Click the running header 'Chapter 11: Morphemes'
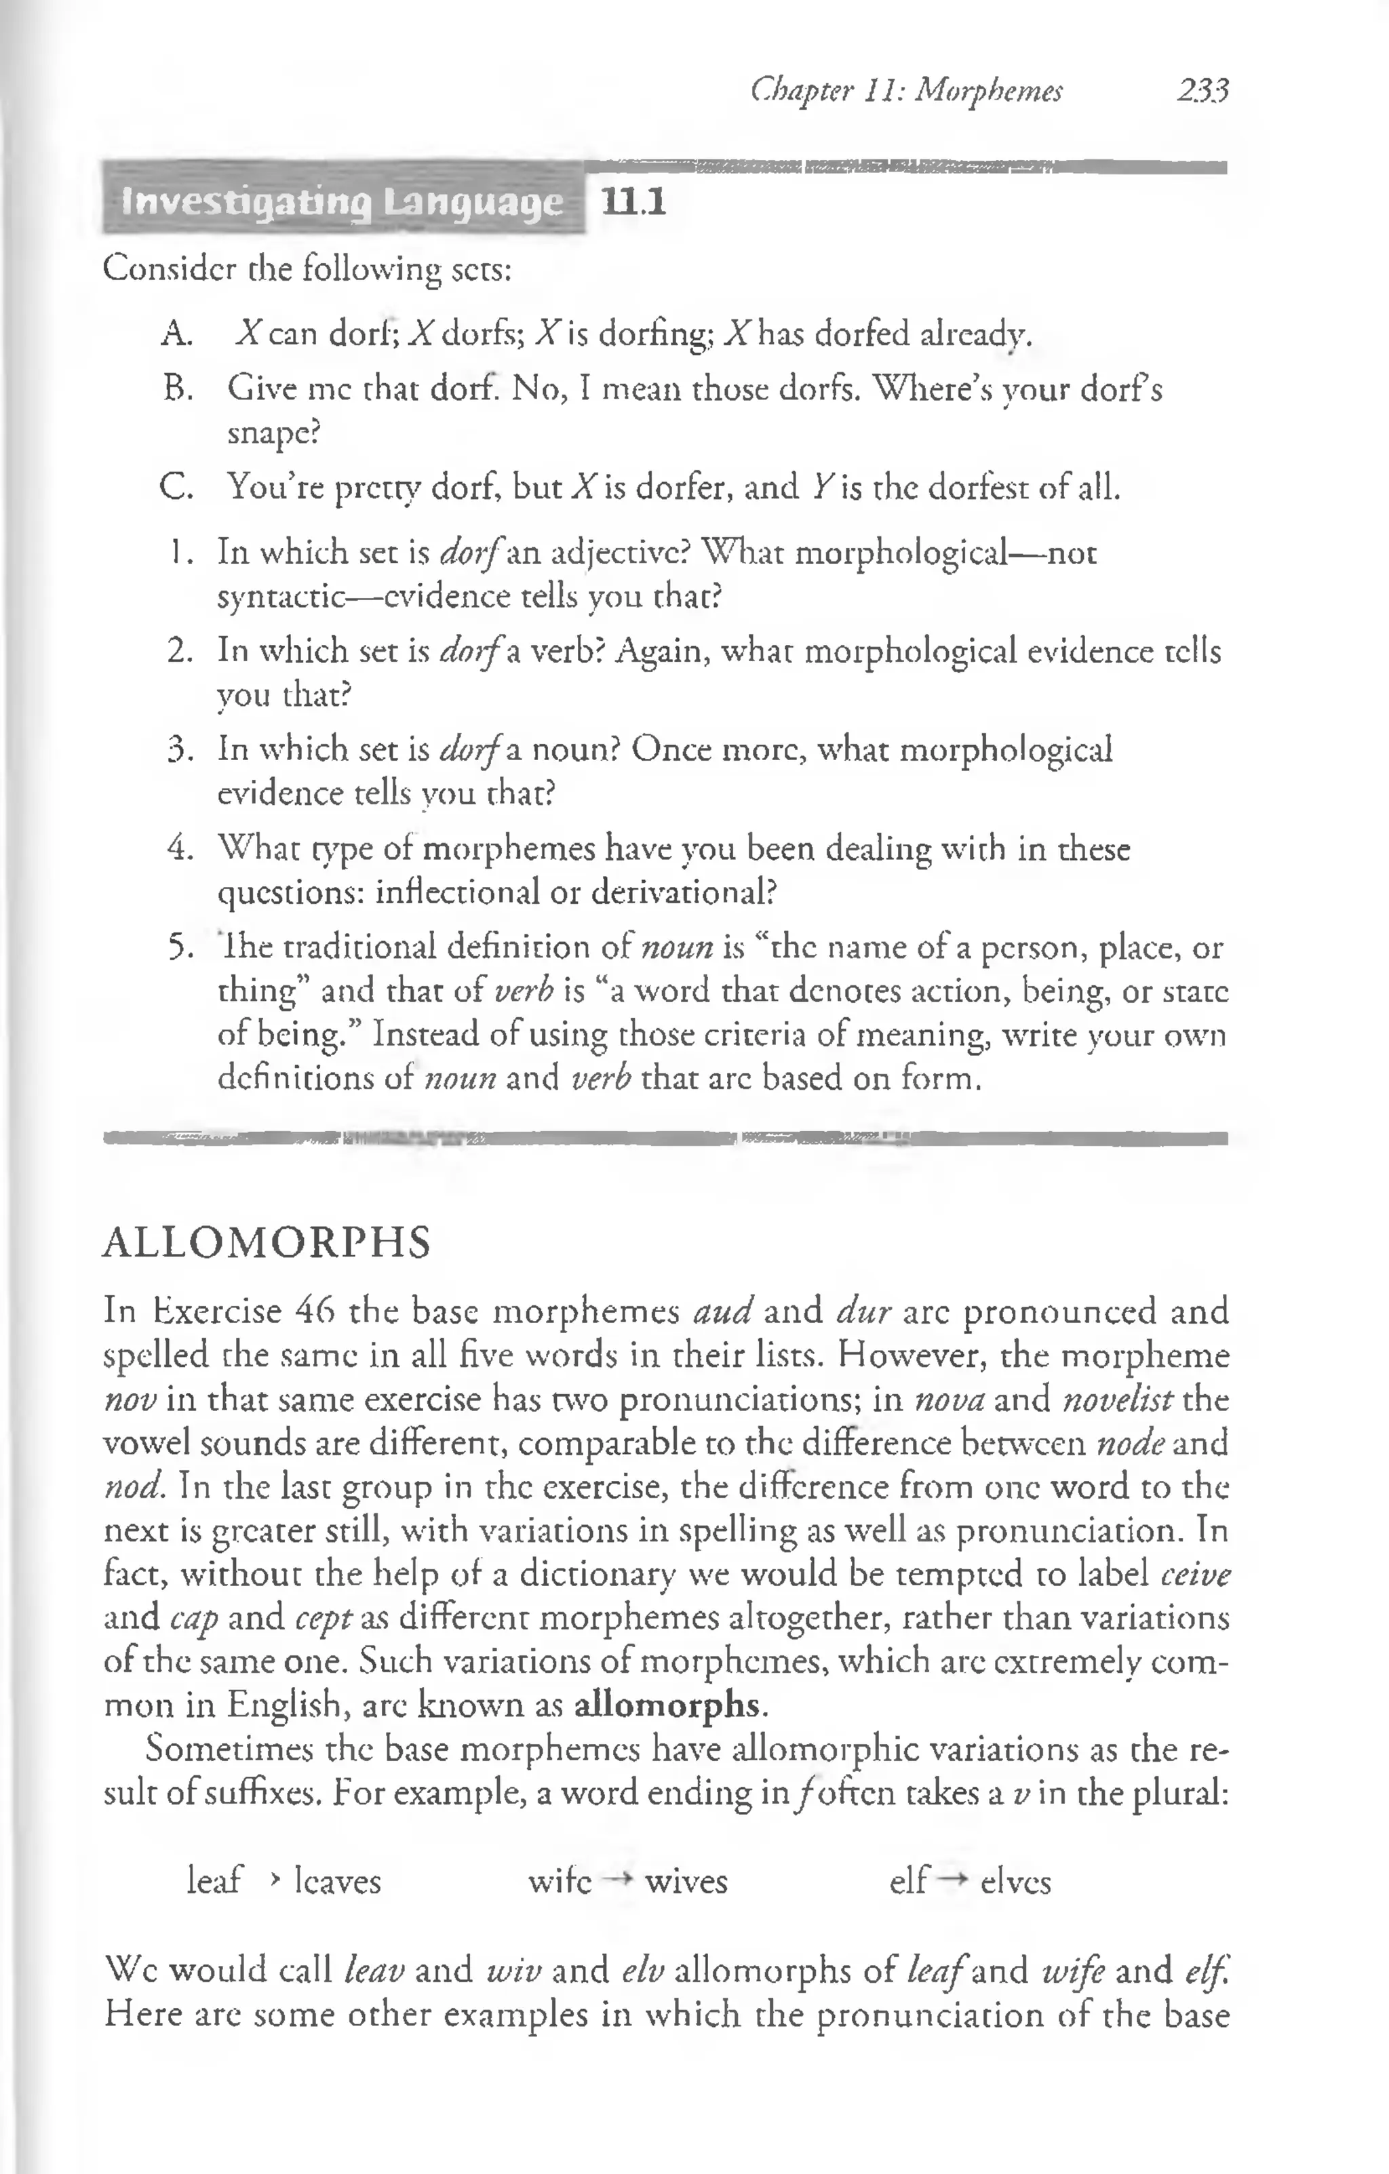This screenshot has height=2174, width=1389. pyautogui.click(x=907, y=90)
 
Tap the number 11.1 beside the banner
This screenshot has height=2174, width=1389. pyautogui.click(x=634, y=204)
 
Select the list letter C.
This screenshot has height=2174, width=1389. pyautogui.click(x=174, y=488)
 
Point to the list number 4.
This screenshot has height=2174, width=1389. pyautogui.click(x=178, y=849)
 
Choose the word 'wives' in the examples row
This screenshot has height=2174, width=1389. pyautogui.click(x=686, y=1882)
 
